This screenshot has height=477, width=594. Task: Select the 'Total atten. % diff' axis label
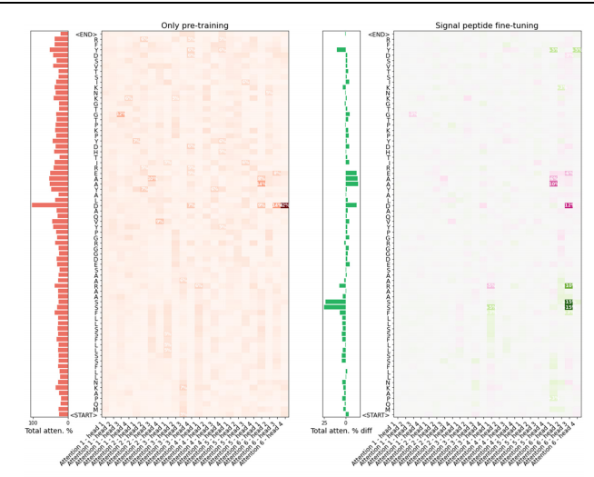(x=341, y=431)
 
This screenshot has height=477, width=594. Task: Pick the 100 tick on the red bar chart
(x=33, y=422)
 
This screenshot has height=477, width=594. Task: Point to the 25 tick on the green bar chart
(x=325, y=422)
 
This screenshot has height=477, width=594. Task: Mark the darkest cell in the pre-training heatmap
(x=284, y=205)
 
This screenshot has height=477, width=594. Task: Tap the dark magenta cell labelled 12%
(x=569, y=205)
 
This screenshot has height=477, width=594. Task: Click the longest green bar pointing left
(x=334, y=307)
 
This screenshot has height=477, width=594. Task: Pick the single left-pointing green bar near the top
(x=341, y=50)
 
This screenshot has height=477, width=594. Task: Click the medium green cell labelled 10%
(x=569, y=285)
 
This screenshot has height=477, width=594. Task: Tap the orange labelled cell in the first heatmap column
(x=121, y=114)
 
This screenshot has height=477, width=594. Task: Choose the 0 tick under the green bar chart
(x=345, y=422)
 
